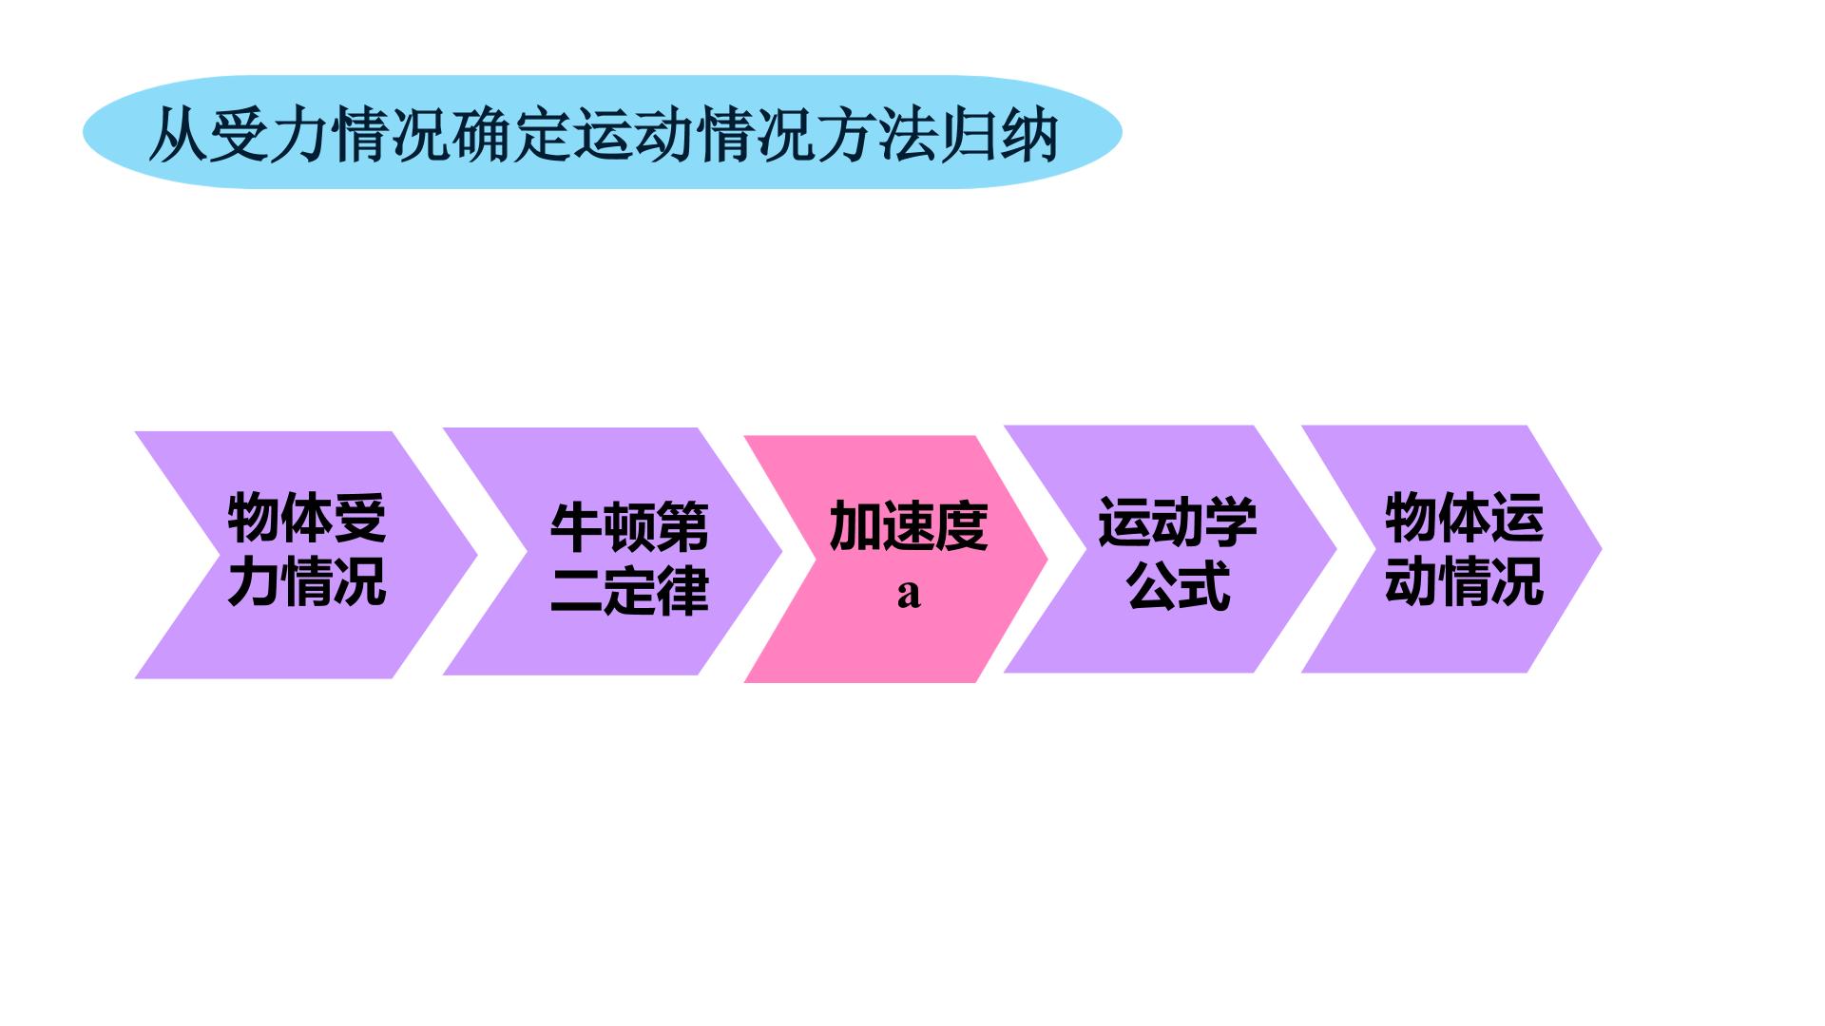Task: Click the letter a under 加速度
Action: pyautogui.click(x=909, y=594)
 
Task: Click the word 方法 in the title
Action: pyautogui.click(x=877, y=136)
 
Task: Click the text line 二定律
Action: pyautogui.click(x=629, y=590)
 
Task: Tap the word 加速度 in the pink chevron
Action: pyautogui.click(x=909, y=525)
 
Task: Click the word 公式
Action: pyautogui.click(x=1178, y=584)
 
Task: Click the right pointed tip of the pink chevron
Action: pyautogui.click(x=1047, y=560)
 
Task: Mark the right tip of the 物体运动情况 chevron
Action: pyautogui.click(x=1602, y=548)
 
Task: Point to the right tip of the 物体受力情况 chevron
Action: pyautogui.click(x=476, y=555)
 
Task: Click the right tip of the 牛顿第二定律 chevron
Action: pyautogui.click(x=781, y=551)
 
